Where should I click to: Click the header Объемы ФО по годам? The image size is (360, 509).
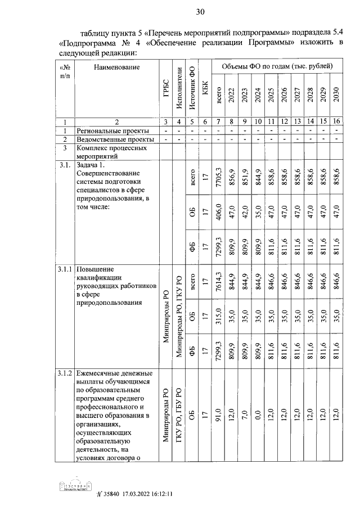pyautogui.click(x=277, y=67)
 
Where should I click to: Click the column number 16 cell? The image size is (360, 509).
pyautogui.click(x=336, y=121)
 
